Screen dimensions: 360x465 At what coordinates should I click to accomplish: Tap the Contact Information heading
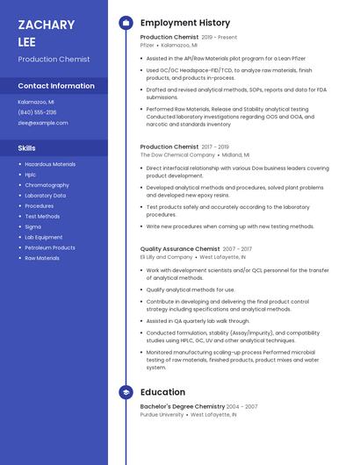pos(56,86)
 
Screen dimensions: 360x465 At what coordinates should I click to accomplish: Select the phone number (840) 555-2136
pos(37,112)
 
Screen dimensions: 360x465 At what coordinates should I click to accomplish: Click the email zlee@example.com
pos(43,123)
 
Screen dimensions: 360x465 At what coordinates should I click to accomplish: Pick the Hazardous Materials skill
pos(50,164)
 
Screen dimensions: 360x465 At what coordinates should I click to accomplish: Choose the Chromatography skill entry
pos(47,185)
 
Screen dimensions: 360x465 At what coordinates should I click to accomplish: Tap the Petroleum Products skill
pos(50,247)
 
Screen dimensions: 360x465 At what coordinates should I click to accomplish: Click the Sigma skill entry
pos(32,226)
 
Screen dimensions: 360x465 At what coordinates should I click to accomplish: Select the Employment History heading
pos(185,23)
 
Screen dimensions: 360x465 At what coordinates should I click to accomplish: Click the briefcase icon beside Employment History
pos(126,23)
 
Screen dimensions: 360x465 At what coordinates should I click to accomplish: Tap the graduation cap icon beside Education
pos(126,392)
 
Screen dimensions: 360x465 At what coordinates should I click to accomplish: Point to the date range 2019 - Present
pos(220,38)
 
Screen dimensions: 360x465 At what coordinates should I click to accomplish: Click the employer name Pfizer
pos(147,45)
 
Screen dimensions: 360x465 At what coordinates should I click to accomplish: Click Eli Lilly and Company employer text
pos(166,257)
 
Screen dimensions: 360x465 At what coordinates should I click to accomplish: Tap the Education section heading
pos(162,392)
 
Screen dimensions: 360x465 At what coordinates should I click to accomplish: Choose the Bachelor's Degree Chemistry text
pos(183,407)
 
